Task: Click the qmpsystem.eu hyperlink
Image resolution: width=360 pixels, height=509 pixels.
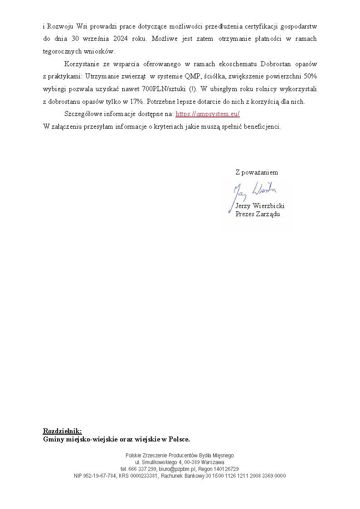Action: click(207, 114)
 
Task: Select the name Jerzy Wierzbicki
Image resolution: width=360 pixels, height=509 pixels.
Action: click(260, 206)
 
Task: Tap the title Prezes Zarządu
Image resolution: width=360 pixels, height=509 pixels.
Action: click(258, 214)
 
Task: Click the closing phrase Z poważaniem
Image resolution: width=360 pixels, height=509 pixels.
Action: click(257, 172)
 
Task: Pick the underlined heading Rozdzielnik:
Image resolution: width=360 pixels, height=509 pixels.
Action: click(62, 431)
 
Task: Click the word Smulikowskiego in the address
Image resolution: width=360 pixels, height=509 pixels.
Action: click(157, 462)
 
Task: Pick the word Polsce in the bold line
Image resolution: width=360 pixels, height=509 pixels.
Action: click(179, 439)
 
